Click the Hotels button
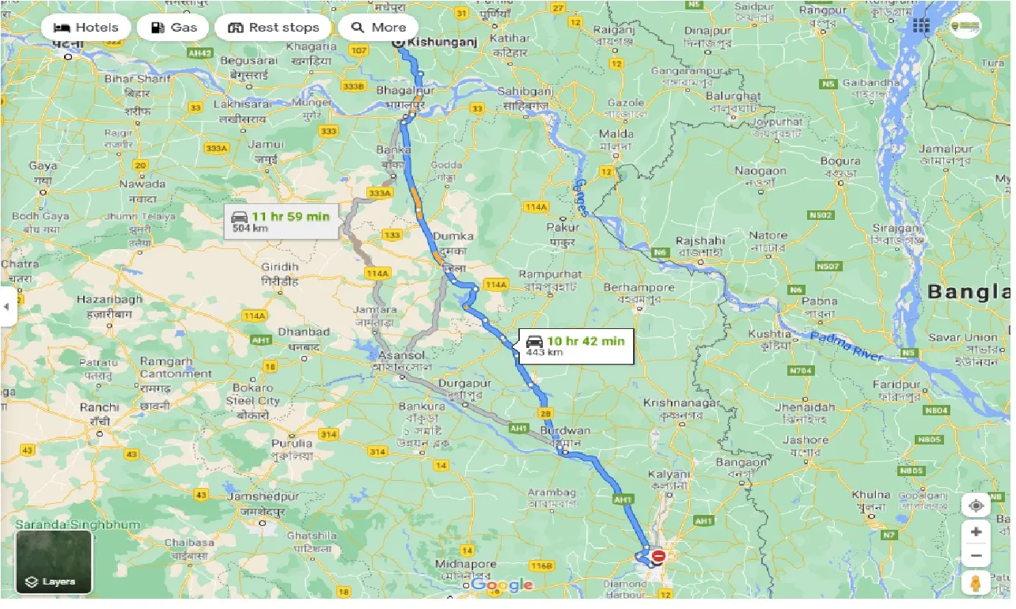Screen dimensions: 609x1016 click(85, 28)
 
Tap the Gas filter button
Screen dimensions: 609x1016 click(172, 28)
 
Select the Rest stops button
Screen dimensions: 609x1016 click(273, 28)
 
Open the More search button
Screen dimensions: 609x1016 click(378, 28)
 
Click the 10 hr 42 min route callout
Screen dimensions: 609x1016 click(575, 346)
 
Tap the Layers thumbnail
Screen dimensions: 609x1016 click(54, 562)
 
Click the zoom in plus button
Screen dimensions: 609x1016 click(976, 532)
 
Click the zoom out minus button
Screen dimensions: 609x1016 click(976, 556)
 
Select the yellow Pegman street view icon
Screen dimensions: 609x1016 click(976, 584)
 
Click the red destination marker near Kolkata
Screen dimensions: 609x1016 click(658, 557)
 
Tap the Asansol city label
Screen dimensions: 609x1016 click(405, 357)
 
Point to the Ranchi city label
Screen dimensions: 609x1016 click(99, 407)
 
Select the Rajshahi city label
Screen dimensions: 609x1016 click(699, 241)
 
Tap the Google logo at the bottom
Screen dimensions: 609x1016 click(502, 585)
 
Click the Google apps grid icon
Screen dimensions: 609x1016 click(920, 26)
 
